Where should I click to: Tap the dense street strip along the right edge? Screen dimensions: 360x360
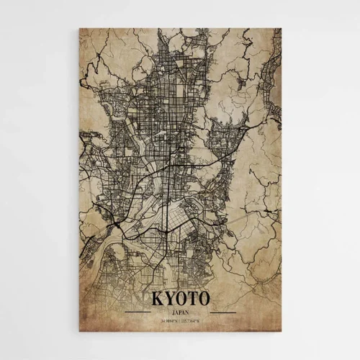click(276, 79)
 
